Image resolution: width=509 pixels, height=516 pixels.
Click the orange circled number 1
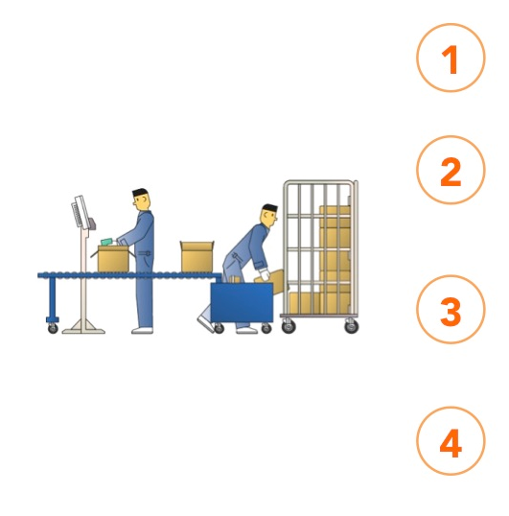tap(451, 58)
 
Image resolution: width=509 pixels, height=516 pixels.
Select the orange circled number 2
tap(451, 170)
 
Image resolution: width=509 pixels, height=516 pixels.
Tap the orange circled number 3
tap(451, 310)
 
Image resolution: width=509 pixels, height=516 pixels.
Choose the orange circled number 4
tap(451, 441)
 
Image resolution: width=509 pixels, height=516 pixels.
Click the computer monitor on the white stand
tap(81, 212)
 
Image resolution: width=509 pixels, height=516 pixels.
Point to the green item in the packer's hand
tap(106, 243)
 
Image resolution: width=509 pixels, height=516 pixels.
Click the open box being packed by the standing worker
tap(113, 259)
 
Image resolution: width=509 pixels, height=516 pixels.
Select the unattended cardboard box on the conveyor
tap(197, 257)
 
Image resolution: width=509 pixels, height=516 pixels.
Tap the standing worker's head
tap(142, 199)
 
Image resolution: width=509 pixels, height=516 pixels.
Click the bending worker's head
tap(269, 215)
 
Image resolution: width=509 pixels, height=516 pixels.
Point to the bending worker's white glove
tap(265, 273)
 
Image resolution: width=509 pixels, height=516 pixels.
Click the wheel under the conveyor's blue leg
tap(53, 328)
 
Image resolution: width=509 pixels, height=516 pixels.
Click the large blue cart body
tap(242, 302)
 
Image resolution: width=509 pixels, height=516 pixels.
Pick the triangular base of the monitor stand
tap(83, 327)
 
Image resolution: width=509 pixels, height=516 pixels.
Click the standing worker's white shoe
tap(142, 330)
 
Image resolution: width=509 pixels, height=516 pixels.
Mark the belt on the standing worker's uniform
tap(145, 253)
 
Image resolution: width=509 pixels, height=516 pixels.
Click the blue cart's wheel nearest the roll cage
tap(266, 328)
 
